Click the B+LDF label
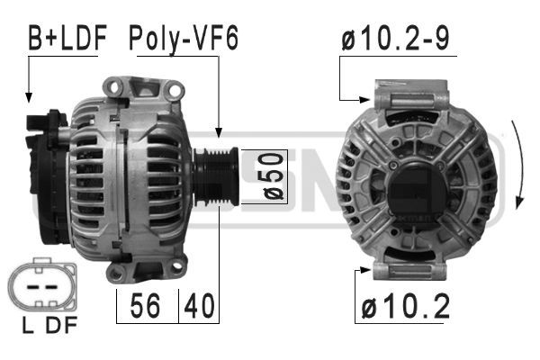click(x=67, y=37)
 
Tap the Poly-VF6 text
click(x=184, y=39)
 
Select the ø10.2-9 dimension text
click(x=395, y=38)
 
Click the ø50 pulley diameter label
click(x=274, y=176)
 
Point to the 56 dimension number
click(x=145, y=306)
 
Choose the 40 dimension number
click(x=199, y=306)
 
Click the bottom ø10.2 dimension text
click(x=406, y=306)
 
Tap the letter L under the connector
click(x=28, y=325)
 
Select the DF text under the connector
click(x=61, y=325)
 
